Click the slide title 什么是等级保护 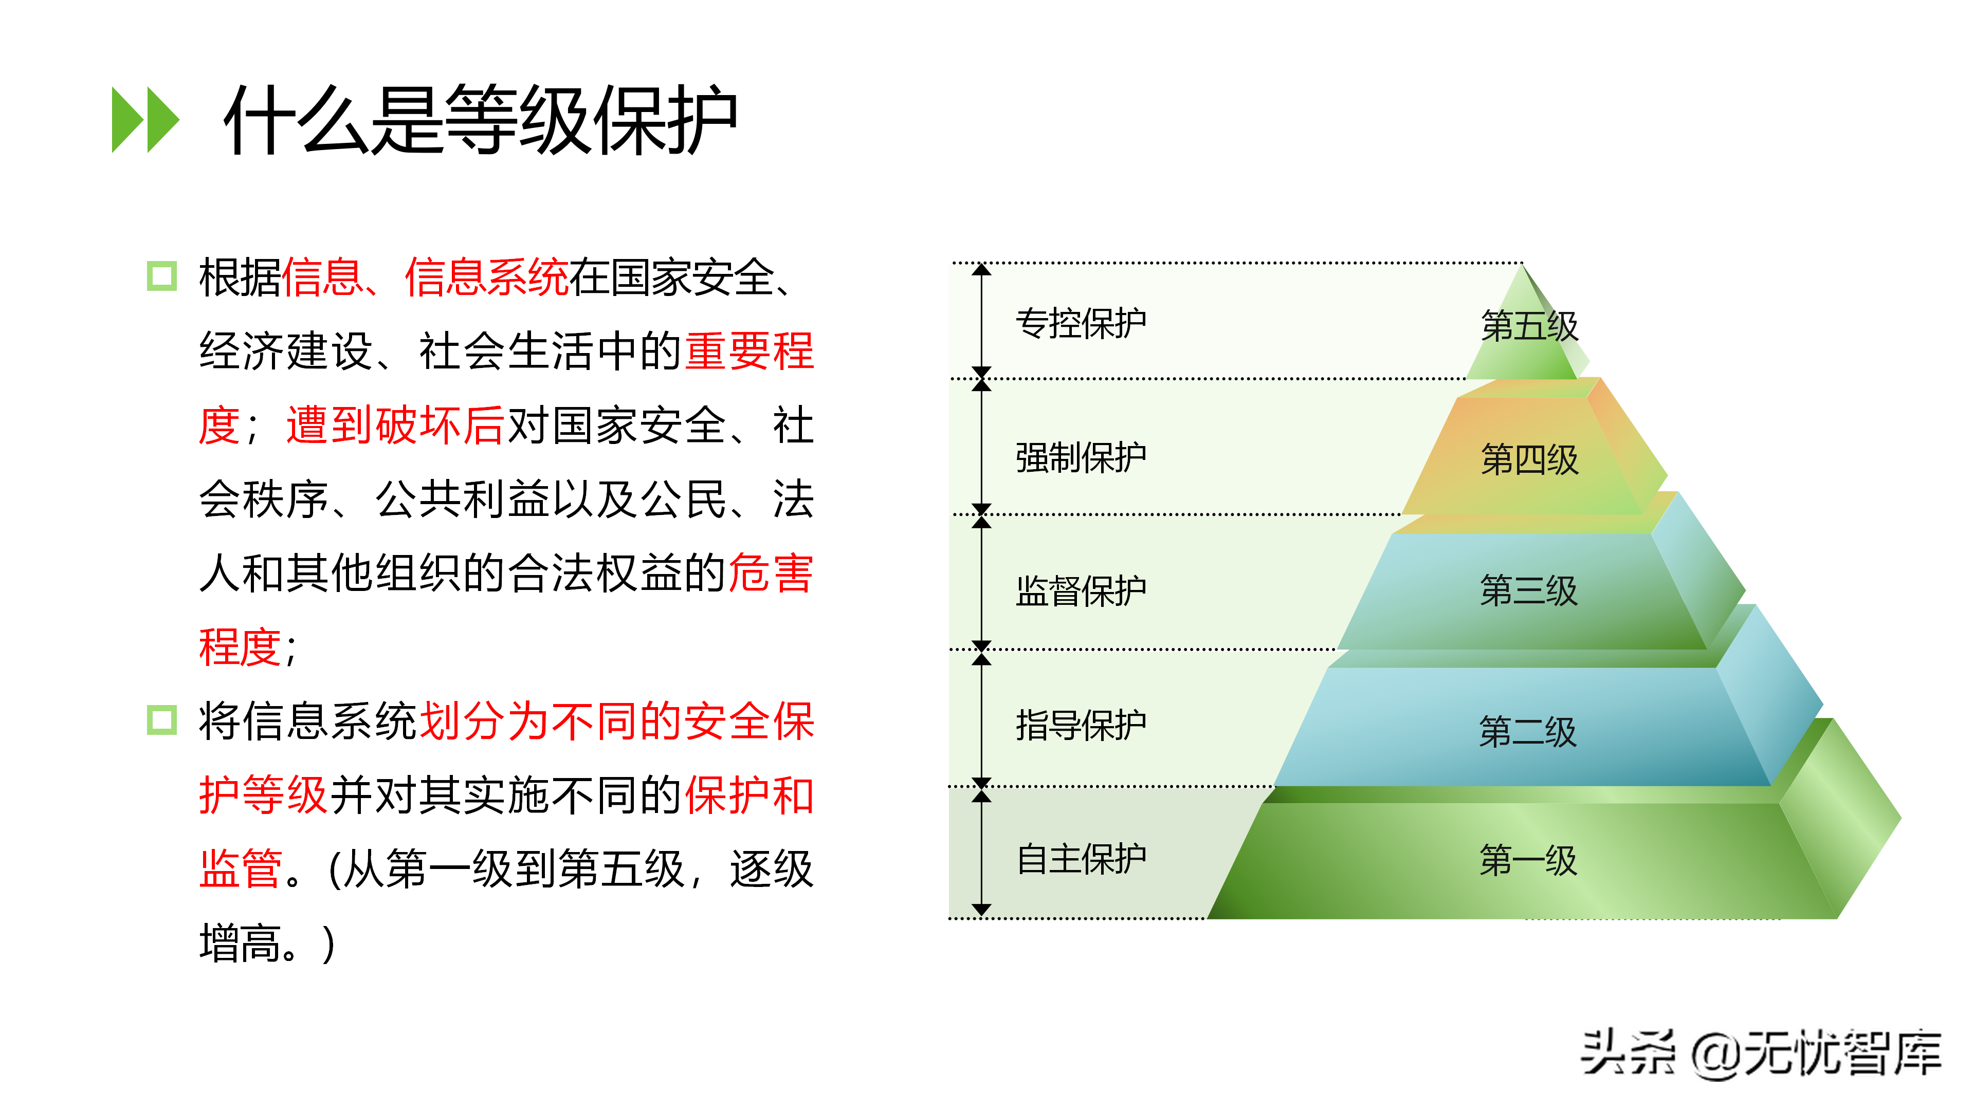point(481,120)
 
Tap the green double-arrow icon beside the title point(145,120)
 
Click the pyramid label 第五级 point(1529,326)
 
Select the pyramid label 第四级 point(1529,459)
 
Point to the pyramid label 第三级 point(1529,590)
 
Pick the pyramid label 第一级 point(1528,860)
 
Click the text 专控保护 point(1081,323)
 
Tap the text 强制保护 point(1081,458)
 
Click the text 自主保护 point(1081,859)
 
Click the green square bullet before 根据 point(162,276)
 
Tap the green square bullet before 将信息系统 point(162,720)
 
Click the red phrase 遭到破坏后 point(395,425)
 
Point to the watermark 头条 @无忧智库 point(1761,1053)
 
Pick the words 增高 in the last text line point(240,943)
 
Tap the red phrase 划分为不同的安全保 point(617,721)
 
